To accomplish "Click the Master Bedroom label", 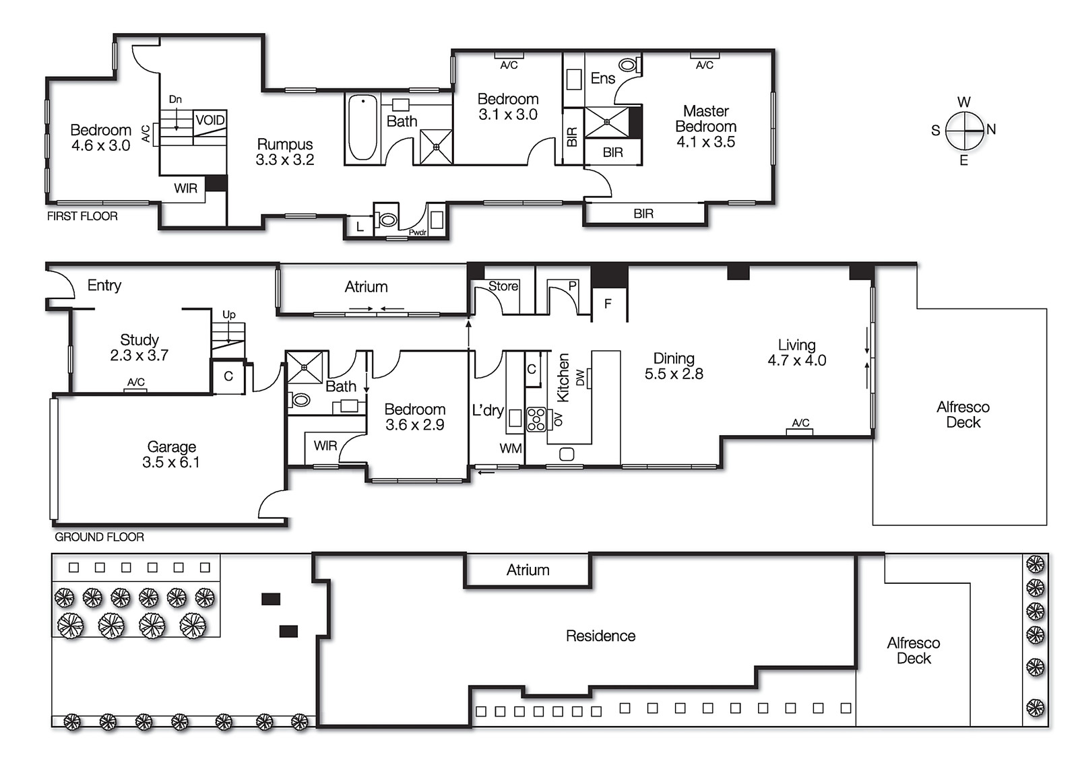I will pos(705,119).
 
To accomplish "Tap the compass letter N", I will pos(990,129).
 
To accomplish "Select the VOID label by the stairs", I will pos(210,120).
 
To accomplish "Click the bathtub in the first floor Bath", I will pos(362,128).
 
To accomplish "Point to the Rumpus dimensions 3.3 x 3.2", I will pos(285,160).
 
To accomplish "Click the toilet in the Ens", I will pos(628,65).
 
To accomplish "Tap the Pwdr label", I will pos(418,232).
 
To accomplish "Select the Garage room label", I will pos(171,446).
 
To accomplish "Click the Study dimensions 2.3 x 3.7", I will pos(139,356).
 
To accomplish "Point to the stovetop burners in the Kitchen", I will pos(536,419).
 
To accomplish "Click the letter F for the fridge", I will pos(608,304).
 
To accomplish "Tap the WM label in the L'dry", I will pos(511,449).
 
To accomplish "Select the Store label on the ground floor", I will pos(503,286).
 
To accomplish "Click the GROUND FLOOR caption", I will pos(99,537).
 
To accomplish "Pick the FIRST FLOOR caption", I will pos(82,216).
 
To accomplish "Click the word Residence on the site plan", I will pos(600,636).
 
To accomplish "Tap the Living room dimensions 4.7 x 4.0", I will pos(797,360).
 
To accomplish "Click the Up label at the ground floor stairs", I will pos(229,315).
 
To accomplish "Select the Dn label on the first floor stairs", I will pos(175,99).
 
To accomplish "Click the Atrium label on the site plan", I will pos(528,570).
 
